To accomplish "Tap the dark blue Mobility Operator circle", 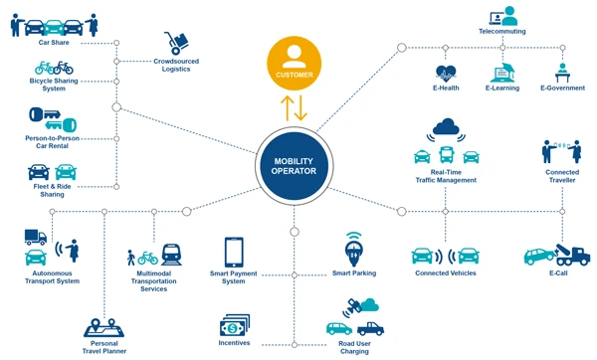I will tap(294, 164).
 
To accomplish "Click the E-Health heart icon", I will tap(445, 73).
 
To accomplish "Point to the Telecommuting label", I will tap(501, 32).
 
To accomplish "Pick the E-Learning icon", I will tap(502, 72).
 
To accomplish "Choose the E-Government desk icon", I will tap(562, 73).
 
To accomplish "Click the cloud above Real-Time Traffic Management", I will tap(446, 126).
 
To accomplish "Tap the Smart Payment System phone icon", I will tap(234, 251).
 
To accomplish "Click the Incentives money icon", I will tap(234, 324).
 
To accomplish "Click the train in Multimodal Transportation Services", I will tap(171, 256).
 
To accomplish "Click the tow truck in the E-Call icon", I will tap(572, 255).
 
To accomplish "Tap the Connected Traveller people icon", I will tap(560, 151).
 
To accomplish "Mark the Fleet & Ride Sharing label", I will tap(53, 191).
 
